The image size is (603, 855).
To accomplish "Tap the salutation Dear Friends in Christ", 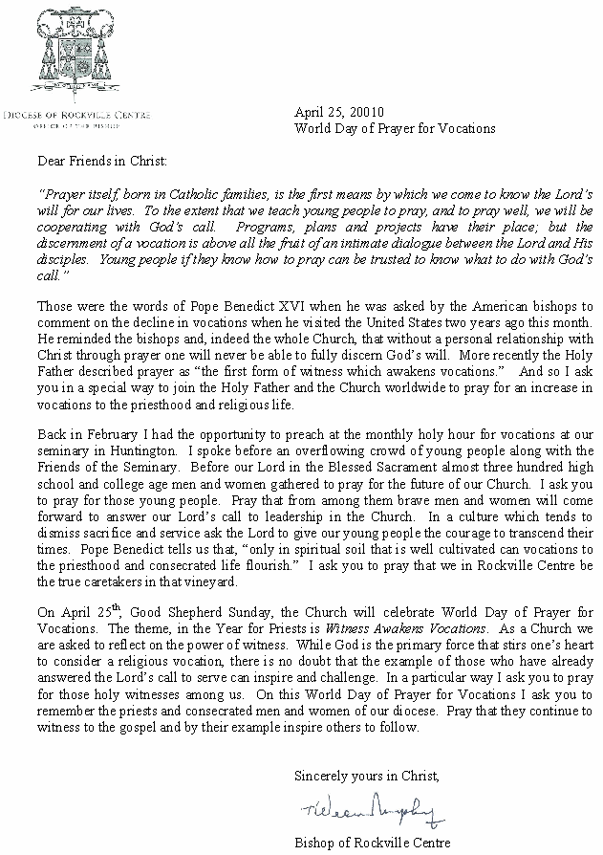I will (x=102, y=162).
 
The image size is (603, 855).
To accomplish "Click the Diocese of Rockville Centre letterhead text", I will (x=71, y=115).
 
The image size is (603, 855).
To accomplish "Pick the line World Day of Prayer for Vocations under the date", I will (x=395, y=127).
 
